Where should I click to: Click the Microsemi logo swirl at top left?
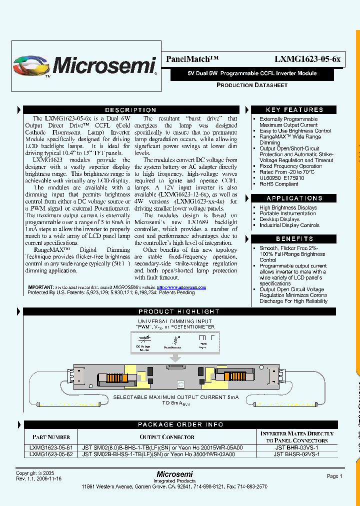31,65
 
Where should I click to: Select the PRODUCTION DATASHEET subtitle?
251,85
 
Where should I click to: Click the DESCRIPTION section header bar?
130,110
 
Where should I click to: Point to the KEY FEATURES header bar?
294,110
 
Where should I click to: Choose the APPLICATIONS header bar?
294,198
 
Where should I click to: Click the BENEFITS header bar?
294,239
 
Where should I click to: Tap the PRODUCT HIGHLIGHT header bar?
179,311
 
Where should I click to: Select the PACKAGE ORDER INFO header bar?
180,424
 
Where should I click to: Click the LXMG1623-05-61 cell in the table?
51,448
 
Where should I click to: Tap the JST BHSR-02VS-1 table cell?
296,454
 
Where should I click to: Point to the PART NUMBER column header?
51,437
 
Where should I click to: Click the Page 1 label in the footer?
334,476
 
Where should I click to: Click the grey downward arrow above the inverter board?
176,358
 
